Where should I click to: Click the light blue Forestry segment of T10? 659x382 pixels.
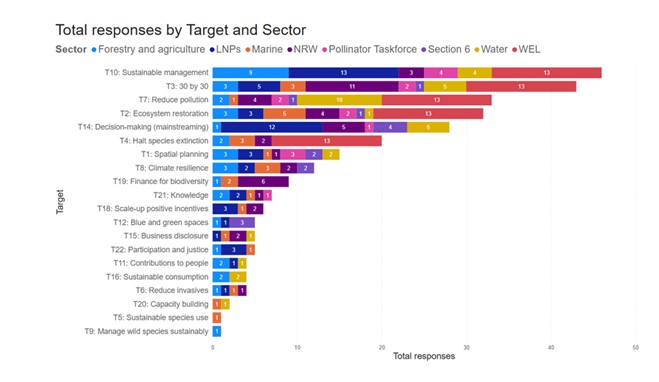pos(250,73)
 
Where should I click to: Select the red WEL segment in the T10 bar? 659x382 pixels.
pos(546,73)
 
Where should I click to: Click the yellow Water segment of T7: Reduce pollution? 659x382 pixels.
pos(339,100)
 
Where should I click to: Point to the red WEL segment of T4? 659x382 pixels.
pos(326,141)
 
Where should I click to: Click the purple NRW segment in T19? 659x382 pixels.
pos(263,181)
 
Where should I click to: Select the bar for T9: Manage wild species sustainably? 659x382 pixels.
pos(217,330)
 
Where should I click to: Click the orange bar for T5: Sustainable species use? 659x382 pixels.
pos(217,317)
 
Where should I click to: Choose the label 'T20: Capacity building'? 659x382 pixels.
pos(171,303)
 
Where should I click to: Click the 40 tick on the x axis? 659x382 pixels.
pos(551,346)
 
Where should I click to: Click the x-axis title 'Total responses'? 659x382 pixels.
pos(423,356)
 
